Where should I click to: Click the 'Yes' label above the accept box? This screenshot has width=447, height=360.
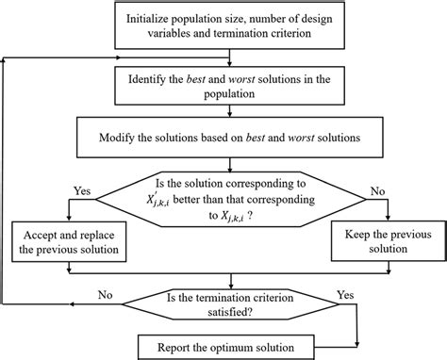click(82, 190)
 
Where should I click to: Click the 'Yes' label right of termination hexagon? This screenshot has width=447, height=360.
click(345, 293)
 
